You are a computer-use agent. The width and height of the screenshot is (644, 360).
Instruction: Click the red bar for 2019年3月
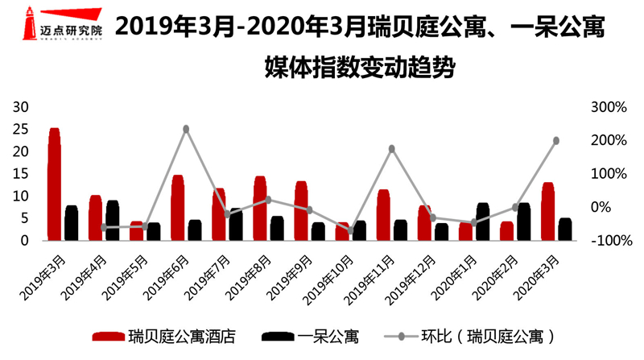click(54, 185)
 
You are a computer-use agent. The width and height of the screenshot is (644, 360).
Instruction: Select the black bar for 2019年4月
click(113, 221)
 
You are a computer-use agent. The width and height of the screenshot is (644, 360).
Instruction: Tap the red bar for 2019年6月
click(178, 209)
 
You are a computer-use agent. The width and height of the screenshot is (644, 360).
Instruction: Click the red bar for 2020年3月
click(548, 212)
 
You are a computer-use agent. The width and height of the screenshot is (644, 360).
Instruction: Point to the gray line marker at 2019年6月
click(186, 129)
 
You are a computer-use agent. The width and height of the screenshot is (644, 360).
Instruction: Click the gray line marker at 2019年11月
click(392, 149)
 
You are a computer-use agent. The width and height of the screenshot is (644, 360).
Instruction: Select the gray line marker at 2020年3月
click(556, 141)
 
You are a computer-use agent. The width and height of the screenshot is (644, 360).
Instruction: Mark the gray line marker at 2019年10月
click(351, 230)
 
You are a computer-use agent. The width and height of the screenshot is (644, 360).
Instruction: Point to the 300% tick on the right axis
click(609, 107)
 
